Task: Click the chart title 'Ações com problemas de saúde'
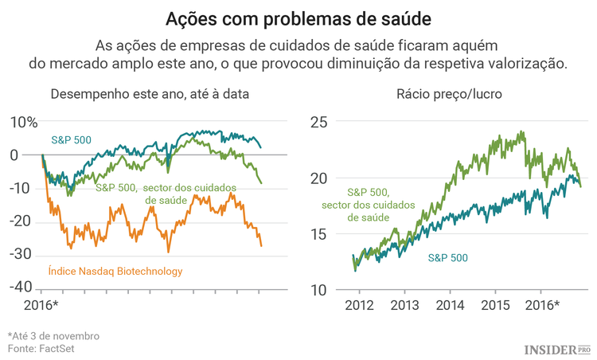point(298,18)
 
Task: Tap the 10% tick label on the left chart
point(23,122)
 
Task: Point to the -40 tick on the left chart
point(21,287)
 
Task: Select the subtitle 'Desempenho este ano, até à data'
point(150,94)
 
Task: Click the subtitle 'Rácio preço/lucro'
point(448,94)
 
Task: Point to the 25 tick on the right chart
point(319,122)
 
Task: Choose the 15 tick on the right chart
point(319,234)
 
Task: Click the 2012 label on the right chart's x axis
point(359,305)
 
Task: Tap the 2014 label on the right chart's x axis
point(450,305)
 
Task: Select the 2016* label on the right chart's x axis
point(543,305)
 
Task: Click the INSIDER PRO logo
point(557,349)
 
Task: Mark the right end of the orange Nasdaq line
point(261,245)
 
